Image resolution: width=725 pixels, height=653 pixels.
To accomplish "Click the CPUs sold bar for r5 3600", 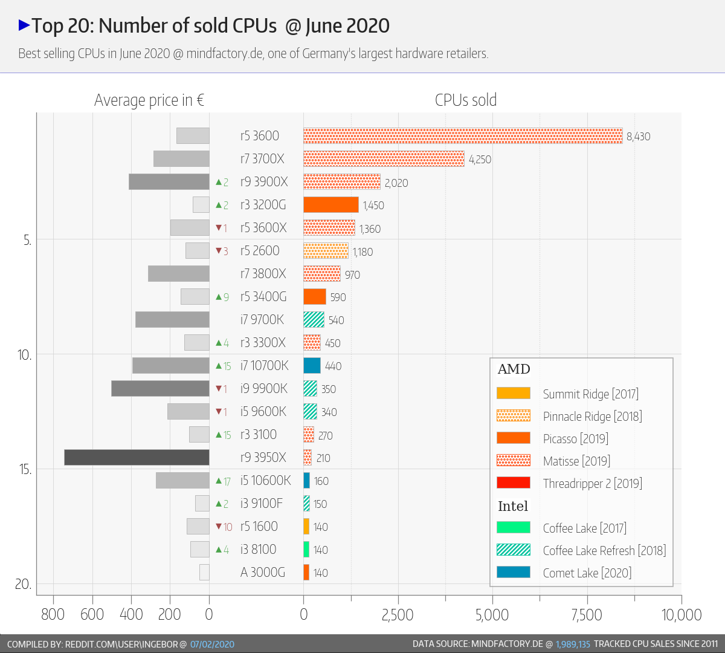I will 463,136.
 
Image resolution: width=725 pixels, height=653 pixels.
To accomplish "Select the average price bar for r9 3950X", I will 137,458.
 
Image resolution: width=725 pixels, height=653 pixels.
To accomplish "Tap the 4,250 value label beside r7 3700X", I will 480,160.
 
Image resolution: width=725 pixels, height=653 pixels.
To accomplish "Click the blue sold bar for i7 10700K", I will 312,366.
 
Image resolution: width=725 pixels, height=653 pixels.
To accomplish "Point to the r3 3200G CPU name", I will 263,205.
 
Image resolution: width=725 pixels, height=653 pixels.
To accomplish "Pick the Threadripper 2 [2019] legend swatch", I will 513,482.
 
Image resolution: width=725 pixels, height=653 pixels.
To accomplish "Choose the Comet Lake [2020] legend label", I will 587,573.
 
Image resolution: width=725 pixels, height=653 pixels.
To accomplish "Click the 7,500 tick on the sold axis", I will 587,615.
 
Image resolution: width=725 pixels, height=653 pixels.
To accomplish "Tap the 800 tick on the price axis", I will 53,615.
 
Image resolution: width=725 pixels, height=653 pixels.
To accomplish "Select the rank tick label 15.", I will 25,469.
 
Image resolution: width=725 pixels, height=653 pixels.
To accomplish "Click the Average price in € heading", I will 149,100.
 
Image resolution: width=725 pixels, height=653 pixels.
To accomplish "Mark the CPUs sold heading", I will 466,100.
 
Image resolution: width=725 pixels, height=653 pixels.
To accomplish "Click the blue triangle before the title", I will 24,25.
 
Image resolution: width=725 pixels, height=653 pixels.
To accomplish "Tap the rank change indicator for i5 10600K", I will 223,481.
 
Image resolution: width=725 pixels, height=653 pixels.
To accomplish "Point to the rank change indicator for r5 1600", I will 224,527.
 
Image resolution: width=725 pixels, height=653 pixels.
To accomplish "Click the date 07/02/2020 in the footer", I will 212,644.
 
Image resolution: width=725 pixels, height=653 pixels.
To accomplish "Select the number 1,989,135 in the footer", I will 573,644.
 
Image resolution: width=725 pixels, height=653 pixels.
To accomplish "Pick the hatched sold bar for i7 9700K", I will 314,320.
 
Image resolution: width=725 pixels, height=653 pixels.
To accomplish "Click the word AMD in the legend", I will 514,369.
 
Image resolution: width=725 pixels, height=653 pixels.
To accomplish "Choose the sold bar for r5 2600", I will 326,251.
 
